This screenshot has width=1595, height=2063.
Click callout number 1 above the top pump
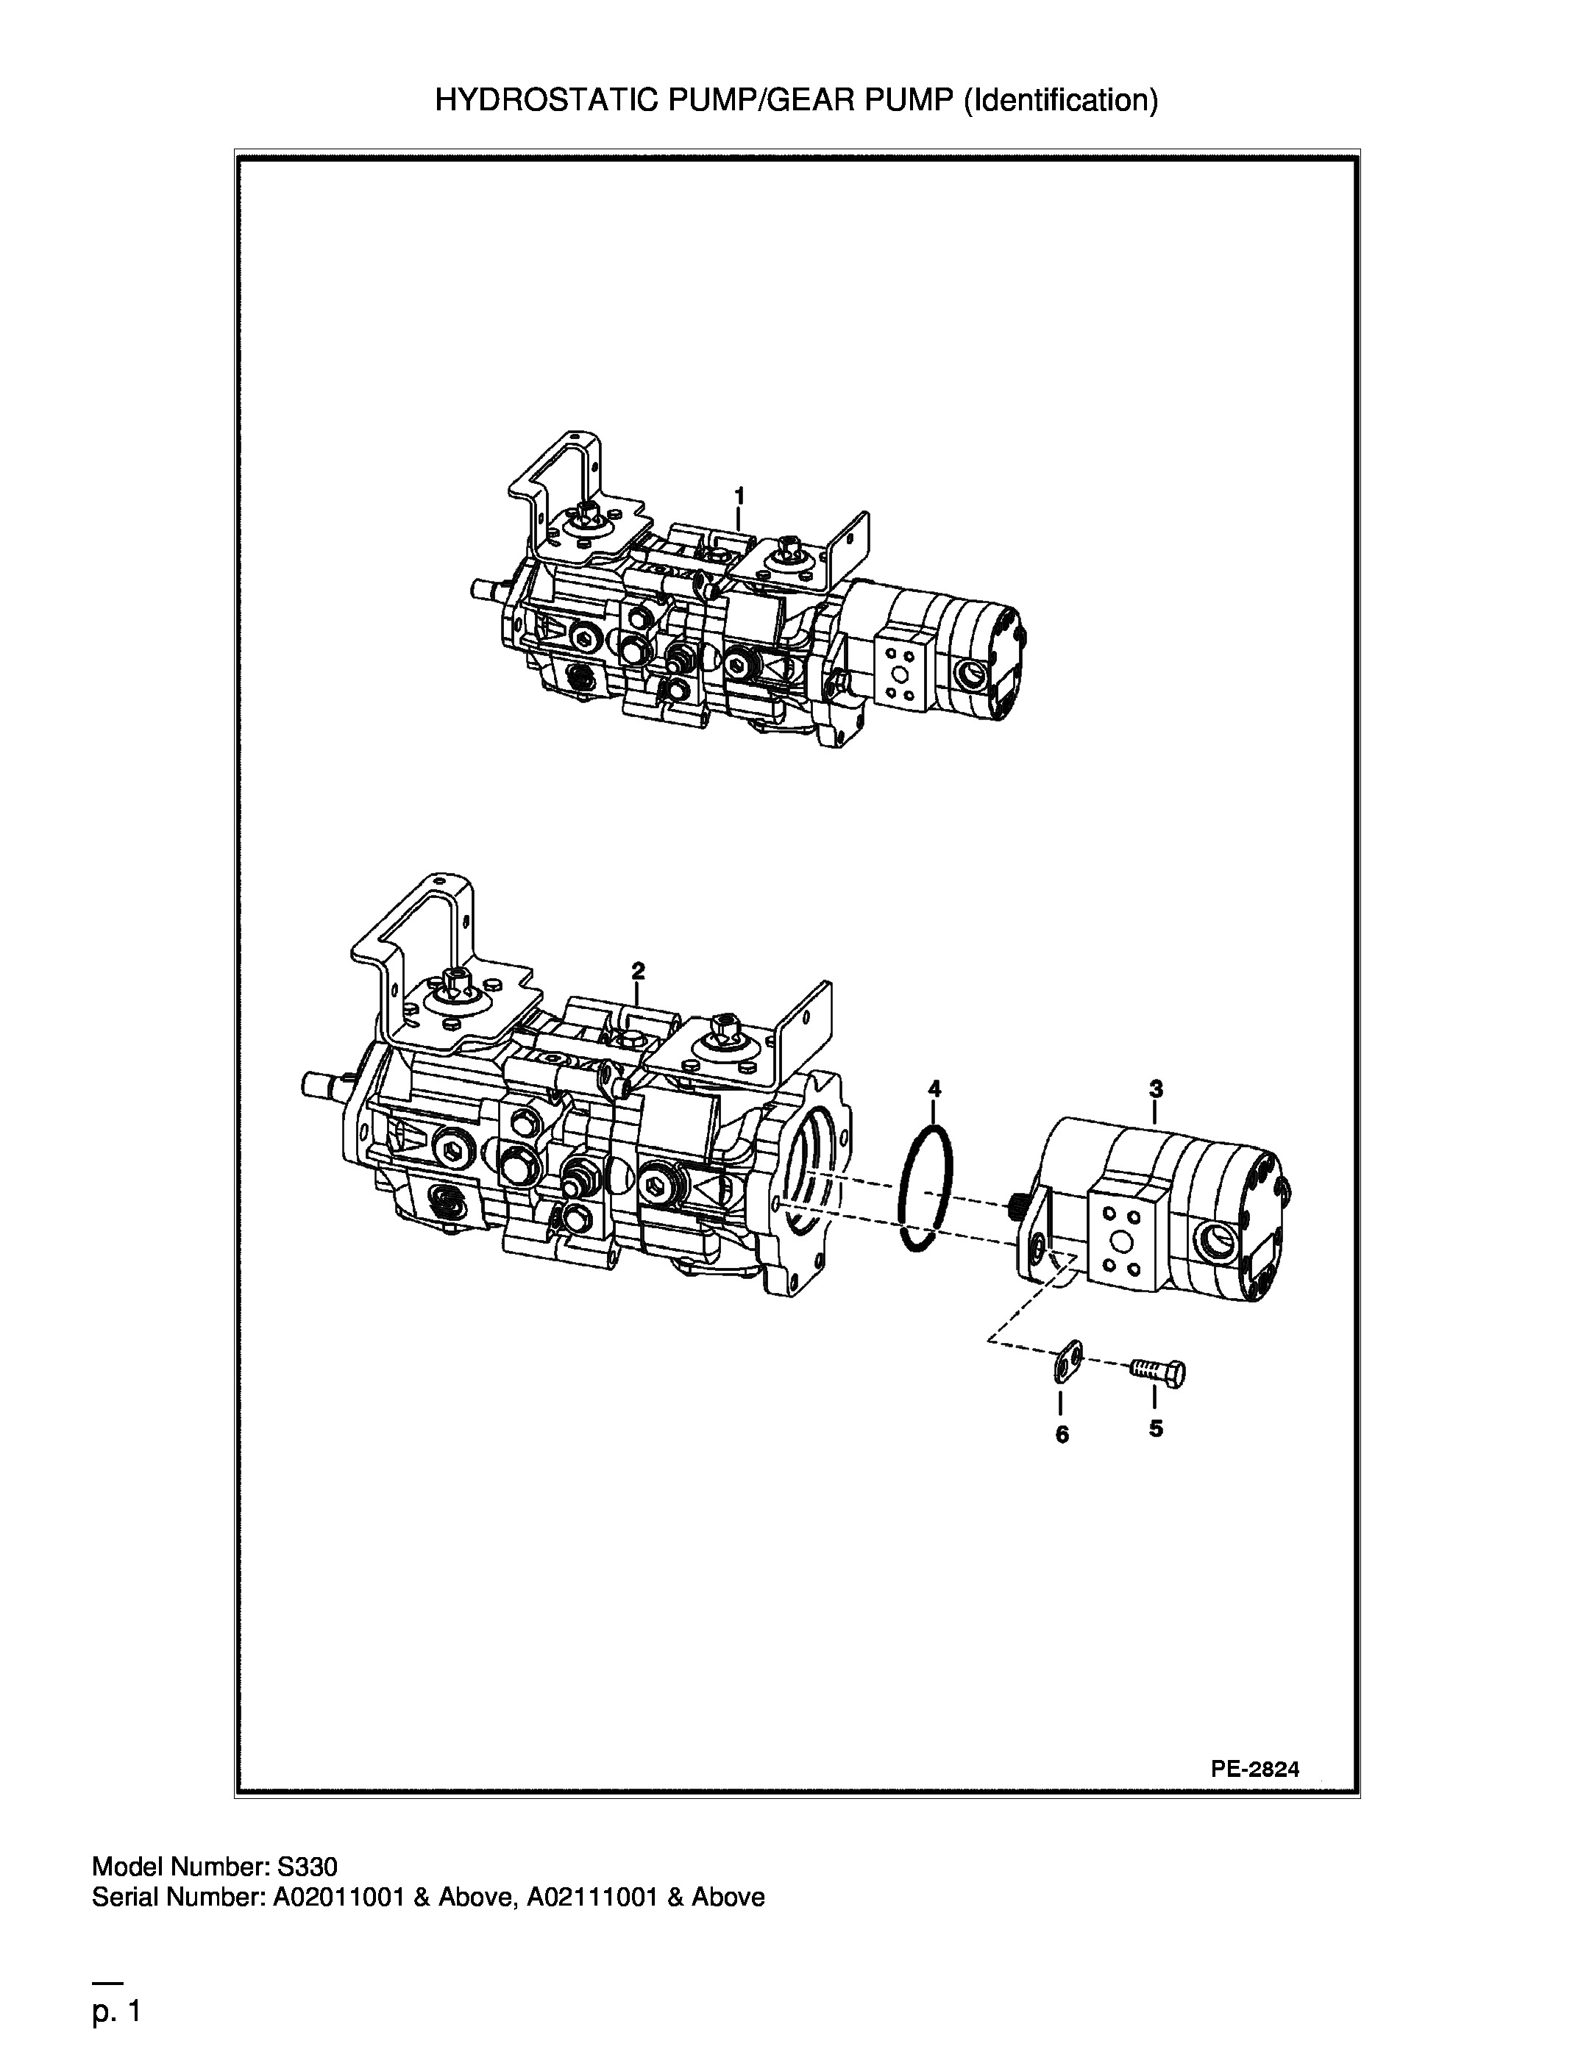click(x=740, y=495)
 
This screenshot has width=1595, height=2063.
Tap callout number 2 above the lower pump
click(x=638, y=970)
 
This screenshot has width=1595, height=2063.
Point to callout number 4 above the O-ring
click(x=934, y=1088)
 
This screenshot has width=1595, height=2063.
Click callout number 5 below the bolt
click(x=1156, y=1429)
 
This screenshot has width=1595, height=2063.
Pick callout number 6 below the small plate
click(x=1062, y=1435)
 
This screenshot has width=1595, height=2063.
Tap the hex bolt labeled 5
click(x=1159, y=1371)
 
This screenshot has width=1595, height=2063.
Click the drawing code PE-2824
click(x=1255, y=1770)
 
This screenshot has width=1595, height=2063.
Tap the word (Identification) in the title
click(x=1060, y=100)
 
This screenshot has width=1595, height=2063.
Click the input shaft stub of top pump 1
click(x=489, y=589)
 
